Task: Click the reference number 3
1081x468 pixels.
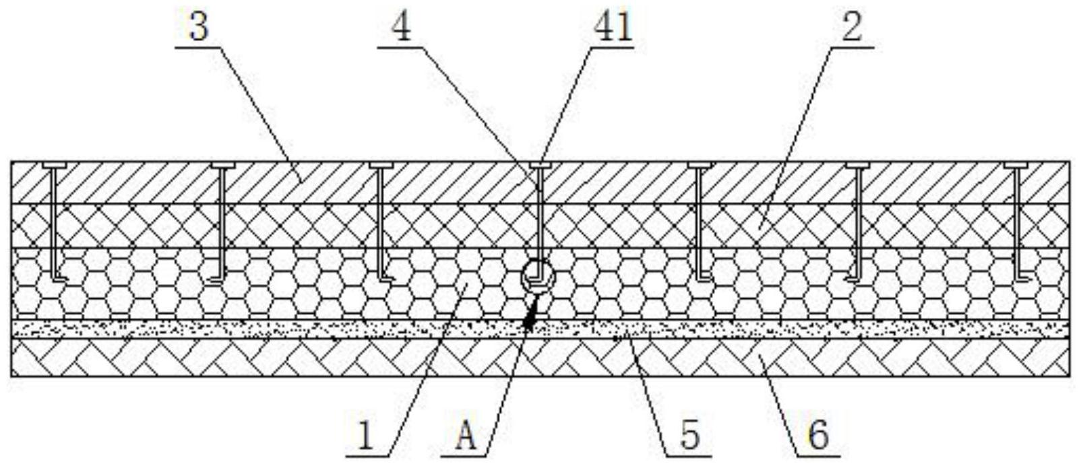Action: click(x=199, y=26)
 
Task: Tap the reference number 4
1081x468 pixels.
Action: click(x=402, y=27)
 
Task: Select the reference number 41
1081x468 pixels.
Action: click(x=613, y=27)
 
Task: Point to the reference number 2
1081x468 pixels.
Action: click(x=852, y=27)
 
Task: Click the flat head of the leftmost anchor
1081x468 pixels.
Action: click(x=54, y=166)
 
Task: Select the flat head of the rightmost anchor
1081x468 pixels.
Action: click(x=1016, y=166)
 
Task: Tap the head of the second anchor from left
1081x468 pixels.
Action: click(x=222, y=166)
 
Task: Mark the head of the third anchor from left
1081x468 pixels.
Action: click(x=381, y=166)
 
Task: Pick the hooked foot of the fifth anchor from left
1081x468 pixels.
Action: click(x=704, y=278)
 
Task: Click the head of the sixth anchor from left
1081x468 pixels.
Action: click(x=857, y=166)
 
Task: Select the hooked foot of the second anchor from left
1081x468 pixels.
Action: click(x=218, y=278)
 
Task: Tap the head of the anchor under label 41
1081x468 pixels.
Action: click(x=540, y=166)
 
